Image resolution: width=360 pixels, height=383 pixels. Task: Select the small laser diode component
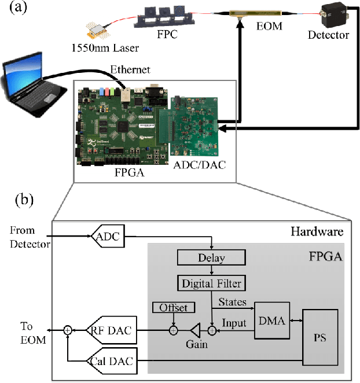(97, 30)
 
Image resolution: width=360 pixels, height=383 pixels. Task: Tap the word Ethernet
(130, 70)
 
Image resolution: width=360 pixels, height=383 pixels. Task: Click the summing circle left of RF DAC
(68, 330)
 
